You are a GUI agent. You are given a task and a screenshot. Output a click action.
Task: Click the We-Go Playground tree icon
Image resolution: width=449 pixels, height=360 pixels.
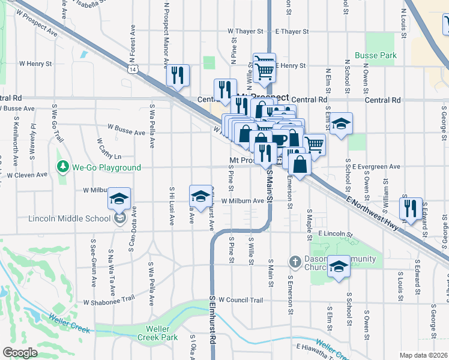tap(61, 167)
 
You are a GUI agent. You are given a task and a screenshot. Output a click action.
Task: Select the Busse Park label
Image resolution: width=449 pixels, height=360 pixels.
tap(375, 56)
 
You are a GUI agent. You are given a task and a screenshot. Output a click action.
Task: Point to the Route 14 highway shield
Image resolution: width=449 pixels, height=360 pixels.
tap(132, 70)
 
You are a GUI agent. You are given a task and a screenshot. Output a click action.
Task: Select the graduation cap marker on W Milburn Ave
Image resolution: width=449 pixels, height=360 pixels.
tap(200, 196)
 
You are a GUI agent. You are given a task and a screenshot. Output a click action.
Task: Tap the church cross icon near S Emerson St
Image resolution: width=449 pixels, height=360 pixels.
tap(295, 261)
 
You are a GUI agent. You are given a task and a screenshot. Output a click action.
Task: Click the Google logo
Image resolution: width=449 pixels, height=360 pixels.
tap(20, 353)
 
